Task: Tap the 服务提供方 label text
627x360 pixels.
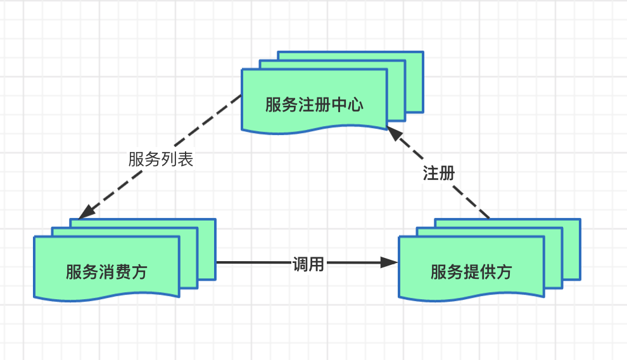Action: (471, 272)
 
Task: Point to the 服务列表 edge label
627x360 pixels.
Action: (160, 159)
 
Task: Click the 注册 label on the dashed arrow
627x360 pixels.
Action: (439, 172)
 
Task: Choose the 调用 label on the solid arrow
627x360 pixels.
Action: (308, 264)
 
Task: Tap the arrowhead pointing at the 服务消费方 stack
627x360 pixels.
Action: (87, 210)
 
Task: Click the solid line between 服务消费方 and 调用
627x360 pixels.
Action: (253, 262)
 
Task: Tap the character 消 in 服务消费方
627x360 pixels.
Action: (106, 272)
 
